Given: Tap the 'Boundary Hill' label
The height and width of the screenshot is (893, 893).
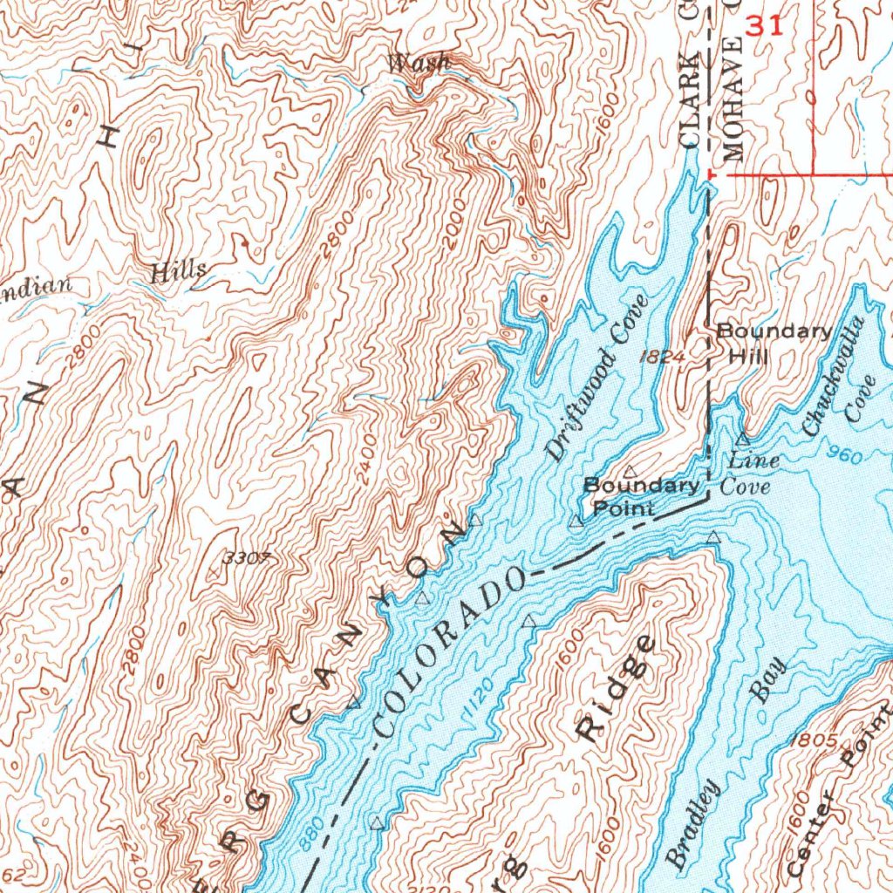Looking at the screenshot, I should pyautogui.click(x=773, y=344).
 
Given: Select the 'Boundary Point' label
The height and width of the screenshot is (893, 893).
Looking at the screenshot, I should pyautogui.click(x=641, y=496).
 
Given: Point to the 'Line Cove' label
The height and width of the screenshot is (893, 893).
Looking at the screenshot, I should pyautogui.click(x=751, y=473).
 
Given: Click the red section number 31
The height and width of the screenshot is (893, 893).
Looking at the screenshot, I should pyautogui.click(x=764, y=26).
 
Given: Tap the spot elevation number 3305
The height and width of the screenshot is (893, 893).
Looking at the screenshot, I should pyautogui.click(x=242, y=559).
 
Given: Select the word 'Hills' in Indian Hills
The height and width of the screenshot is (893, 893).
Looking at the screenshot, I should pyautogui.click(x=179, y=270).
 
